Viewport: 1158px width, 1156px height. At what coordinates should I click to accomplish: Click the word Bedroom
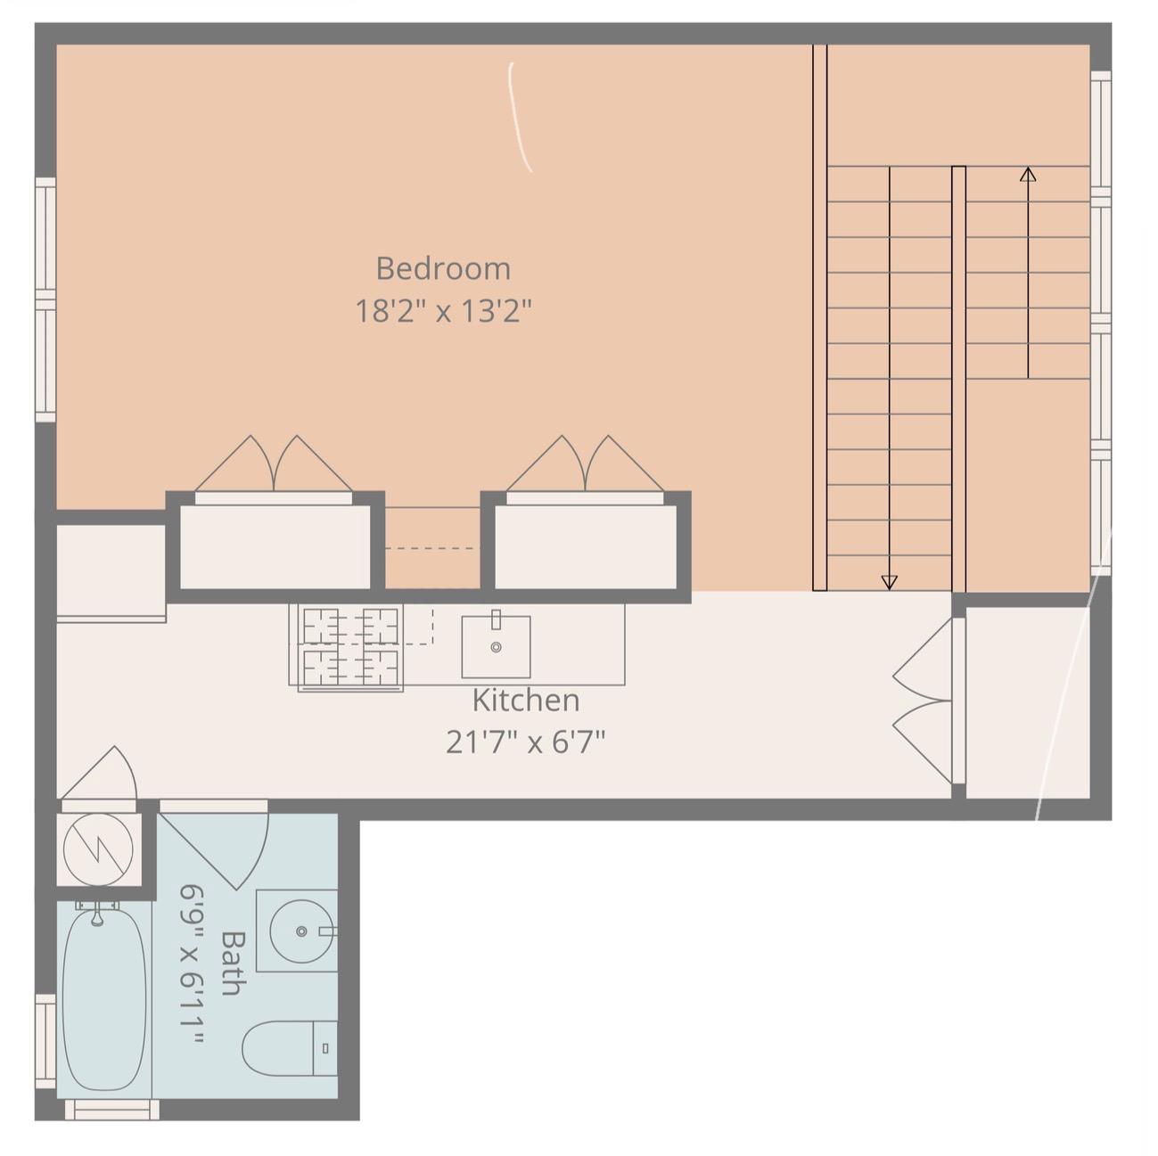pyautogui.click(x=443, y=268)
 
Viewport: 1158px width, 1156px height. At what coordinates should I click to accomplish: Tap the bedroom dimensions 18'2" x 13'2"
pyautogui.click(x=443, y=311)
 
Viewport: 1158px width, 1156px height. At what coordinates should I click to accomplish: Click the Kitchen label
pyautogui.click(x=525, y=701)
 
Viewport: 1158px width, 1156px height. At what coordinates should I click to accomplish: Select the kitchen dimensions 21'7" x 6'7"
pyautogui.click(x=525, y=742)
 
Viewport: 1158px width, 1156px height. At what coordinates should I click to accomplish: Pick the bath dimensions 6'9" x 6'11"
pyautogui.click(x=193, y=964)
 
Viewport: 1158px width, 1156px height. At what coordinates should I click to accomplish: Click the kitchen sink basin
pyautogui.click(x=496, y=646)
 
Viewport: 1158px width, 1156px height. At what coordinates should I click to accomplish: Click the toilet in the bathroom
pyautogui.click(x=289, y=1048)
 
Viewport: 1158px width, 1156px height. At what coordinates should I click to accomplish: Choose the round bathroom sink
pyautogui.click(x=301, y=931)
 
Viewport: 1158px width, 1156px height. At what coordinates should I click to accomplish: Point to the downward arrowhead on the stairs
pyautogui.click(x=889, y=582)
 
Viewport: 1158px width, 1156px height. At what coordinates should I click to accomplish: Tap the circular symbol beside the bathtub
pyautogui.click(x=99, y=849)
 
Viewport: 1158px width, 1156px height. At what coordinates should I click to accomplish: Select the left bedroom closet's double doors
pyautogui.click(x=274, y=465)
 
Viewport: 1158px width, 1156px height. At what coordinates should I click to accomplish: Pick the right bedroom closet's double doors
pyautogui.click(x=586, y=465)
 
